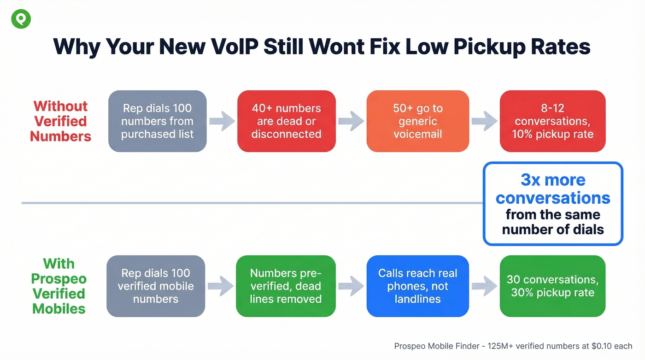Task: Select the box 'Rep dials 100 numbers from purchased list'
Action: [158, 121]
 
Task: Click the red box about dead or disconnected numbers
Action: [286, 121]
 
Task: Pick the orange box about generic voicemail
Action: [417, 121]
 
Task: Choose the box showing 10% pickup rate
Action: [552, 121]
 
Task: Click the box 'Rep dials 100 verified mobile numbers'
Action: [156, 286]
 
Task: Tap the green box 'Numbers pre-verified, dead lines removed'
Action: [286, 286]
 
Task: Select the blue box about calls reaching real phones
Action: [417, 286]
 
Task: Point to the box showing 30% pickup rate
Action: [552, 286]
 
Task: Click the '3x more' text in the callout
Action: [553, 180]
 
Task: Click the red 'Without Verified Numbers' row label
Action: [60, 121]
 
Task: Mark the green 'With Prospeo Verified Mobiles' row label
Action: [59, 286]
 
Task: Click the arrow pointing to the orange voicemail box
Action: [351, 121]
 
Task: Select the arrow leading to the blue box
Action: [351, 286]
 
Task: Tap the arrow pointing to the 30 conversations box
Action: [484, 286]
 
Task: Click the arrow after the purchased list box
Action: [222, 121]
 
